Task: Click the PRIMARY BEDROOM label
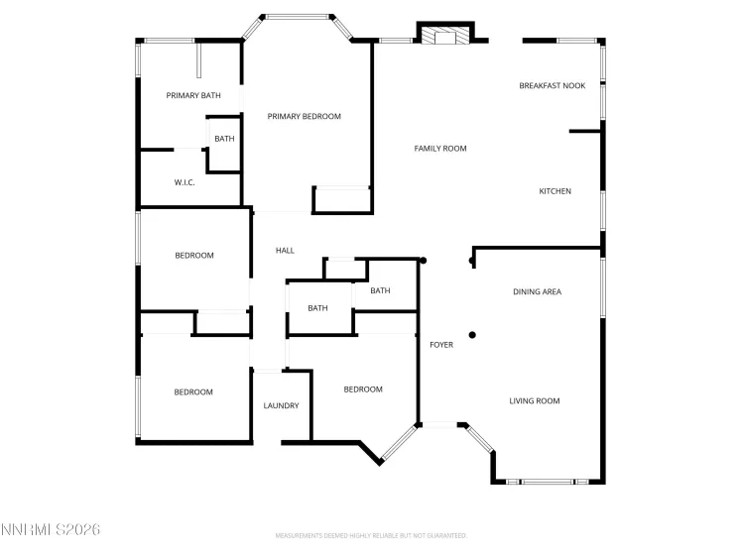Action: coord(304,117)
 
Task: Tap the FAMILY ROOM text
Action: coord(439,149)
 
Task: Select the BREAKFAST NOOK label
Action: coord(552,86)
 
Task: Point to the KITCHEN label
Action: coord(555,191)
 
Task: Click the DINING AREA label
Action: coord(537,292)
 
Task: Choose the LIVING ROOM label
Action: coord(535,401)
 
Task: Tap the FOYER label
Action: coord(441,345)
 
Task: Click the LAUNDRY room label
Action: coord(281,406)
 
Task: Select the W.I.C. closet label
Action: coord(185,182)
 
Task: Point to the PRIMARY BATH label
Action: coord(192,96)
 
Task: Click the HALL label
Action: coord(285,251)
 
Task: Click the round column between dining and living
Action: coord(472,335)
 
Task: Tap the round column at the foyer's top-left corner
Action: coord(424,261)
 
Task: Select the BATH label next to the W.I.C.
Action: coord(224,139)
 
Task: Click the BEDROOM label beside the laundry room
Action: coord(362,389)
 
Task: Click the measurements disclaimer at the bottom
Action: coord(370,535)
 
